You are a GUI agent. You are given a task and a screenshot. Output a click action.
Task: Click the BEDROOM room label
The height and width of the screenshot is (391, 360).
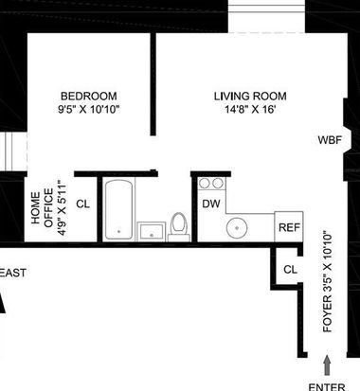click(x=89, y=96)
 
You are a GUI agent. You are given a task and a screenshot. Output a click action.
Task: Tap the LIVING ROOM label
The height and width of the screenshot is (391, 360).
click(x=250, y=96)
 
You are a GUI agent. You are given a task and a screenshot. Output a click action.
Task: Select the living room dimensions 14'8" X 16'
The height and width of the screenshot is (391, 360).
click(x=250, y=110)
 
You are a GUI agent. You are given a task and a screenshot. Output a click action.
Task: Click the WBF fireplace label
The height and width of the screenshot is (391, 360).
click(x=330, y=140)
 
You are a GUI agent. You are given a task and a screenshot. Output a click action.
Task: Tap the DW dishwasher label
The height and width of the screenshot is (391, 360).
click(x=211, y=204)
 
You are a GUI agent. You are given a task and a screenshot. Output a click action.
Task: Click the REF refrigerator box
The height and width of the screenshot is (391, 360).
click(x=289, y=227)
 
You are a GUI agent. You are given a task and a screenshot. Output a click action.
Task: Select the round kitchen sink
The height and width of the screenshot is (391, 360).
click(x=237, y=227)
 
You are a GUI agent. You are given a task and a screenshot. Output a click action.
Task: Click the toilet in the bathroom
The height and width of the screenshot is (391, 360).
click(x=179, y=226)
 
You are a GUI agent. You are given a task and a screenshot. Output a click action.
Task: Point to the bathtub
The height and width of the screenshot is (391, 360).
click(x=118, y=209)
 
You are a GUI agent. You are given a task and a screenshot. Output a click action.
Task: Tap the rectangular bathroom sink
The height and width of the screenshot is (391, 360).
click(x=152, y=231)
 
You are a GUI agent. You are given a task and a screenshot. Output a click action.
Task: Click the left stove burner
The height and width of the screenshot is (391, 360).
click(x=205, y=183)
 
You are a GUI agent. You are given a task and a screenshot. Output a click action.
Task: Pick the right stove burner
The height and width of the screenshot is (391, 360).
click(x=218, y=183)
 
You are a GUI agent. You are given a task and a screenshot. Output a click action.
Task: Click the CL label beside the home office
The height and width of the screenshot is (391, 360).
click(x=83, y=204)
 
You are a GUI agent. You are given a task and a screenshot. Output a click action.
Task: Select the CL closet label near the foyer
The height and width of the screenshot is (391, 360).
click(x=290, y=270)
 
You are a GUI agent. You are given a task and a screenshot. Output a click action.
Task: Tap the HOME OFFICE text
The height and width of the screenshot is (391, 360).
click(x=43, y=207)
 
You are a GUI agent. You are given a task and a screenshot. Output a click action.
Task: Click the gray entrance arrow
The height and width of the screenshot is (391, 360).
click(x=327, y=365)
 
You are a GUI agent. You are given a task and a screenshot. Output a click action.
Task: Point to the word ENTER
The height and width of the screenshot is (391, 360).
click(x=327, y=387)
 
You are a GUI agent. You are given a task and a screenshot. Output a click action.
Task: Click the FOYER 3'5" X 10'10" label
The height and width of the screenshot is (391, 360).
click(x=328, y=282)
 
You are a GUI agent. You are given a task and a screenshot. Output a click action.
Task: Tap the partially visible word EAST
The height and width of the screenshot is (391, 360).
click(x=12, y=273)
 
